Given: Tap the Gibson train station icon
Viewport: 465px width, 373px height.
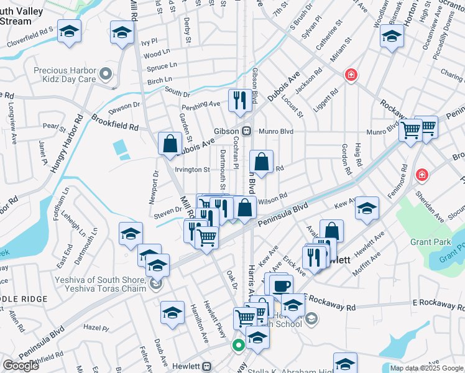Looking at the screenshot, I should click(247, 131).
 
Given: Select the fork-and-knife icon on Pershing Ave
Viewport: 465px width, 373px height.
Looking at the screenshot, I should click(239, 100).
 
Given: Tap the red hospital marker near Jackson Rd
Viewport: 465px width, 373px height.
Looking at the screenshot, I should click(351, 75).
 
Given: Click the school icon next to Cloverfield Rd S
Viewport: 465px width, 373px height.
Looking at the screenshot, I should click(69, 30).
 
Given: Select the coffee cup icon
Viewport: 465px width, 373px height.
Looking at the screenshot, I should click(281, 285).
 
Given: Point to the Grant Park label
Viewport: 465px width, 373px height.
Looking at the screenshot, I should click(425, 241).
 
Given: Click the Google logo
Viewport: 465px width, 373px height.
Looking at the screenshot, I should click(21, 366).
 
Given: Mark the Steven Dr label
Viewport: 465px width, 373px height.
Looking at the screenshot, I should click(168, 216).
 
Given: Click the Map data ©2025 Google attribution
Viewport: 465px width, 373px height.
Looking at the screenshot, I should click(426, 368).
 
